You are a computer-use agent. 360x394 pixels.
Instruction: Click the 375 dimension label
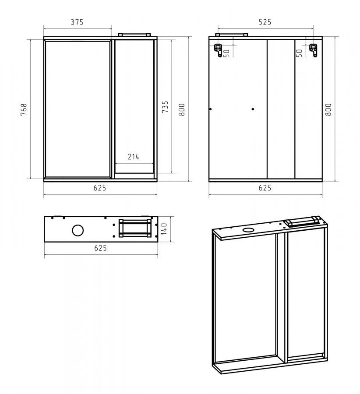(77, 22)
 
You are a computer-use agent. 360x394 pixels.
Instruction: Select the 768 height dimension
(24, 109)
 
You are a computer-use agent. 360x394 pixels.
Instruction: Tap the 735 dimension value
(165, 107)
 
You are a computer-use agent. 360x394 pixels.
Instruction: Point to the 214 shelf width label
(134, 157)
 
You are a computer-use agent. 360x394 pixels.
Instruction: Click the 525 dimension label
(265, 22)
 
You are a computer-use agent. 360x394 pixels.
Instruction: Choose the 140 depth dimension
(164, 229)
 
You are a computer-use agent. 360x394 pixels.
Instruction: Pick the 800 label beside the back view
(328, 109)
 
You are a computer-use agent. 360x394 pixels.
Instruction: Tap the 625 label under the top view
(100, 248)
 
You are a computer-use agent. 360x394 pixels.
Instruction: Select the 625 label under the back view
(265, 188)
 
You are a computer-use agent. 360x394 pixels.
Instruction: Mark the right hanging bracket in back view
(313, 50)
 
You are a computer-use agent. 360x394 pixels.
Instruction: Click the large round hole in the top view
(78, 230)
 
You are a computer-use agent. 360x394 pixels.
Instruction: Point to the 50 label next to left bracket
(226, 53)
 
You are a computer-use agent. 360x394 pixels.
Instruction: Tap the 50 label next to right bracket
(299, 53)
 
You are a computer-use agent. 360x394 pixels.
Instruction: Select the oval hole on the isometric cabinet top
(249, 229)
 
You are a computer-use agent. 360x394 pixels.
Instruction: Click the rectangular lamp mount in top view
(135, 228)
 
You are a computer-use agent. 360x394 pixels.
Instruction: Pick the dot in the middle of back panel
(253, 109)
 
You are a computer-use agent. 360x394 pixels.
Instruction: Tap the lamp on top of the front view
(134, 35)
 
